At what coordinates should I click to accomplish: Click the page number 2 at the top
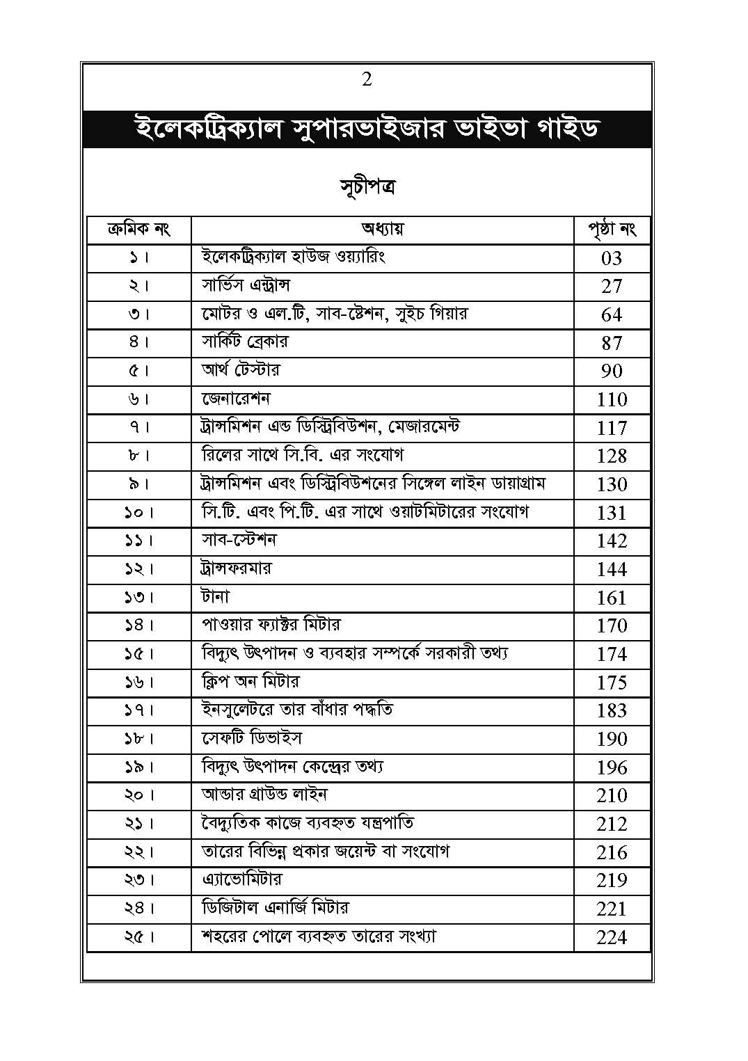pyautogui.click(x=367, y=80)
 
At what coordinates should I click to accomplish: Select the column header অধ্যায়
pyautogui.click(x=382, y=229)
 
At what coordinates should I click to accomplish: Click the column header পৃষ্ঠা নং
pyautogui.click(x=612, y=229)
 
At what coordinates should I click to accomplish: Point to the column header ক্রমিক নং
pyautogui.click(x=139, y=229)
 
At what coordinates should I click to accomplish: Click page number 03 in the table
pyautogui.click(x=612, y=258)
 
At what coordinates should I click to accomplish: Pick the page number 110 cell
pyautogui.click(x=612, y=399)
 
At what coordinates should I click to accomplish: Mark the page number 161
pyautogui.click(x=612, y=598)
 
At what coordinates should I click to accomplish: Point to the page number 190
pyautogui.click(x=612, y=739)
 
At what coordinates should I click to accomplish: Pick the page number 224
pyautogui.click(x=612, y=937)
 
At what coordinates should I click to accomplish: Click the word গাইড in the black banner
pyautogui.click(x=564, y=129)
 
